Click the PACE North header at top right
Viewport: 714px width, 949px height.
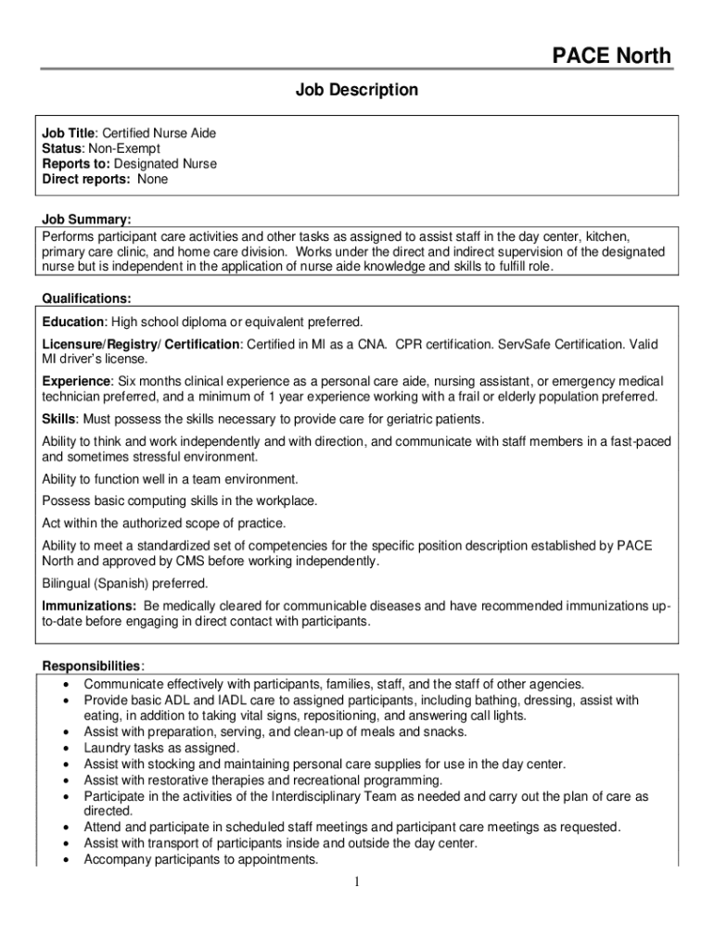pyautogui.click(x=611, y=57)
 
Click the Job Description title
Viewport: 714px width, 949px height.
pyautogui.click(x=357, y=90)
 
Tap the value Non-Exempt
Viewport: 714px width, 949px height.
pyautogui.click(x=124, y=148)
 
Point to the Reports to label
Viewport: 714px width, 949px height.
pyautogui.click(x=75, y=164)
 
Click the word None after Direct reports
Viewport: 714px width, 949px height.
pyautogui.click(x=153, y=179)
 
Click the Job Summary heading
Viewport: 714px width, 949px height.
pyautogui.click(x=86, y=220)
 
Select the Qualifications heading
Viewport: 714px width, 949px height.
pyautogui.click(x=86, y=298)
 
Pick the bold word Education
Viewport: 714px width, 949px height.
pyautogui.click(x=74, y=322)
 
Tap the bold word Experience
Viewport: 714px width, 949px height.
pyautogui.click(x=77, y=381)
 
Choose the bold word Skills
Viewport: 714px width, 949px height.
pyautogui.click(x=57, y=419)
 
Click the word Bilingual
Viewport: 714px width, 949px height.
pyautogui.click(x=69, y=584)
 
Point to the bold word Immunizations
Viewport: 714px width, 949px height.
pyautogui.click(x=89, y=606)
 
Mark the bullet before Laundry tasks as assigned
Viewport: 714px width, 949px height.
pyautogui.click(x=67, y=748)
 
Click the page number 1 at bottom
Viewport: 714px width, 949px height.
pyautogui.click(x=357, y=881)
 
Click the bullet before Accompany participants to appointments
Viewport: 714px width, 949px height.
pyautogui.click(x=67, y=860)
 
